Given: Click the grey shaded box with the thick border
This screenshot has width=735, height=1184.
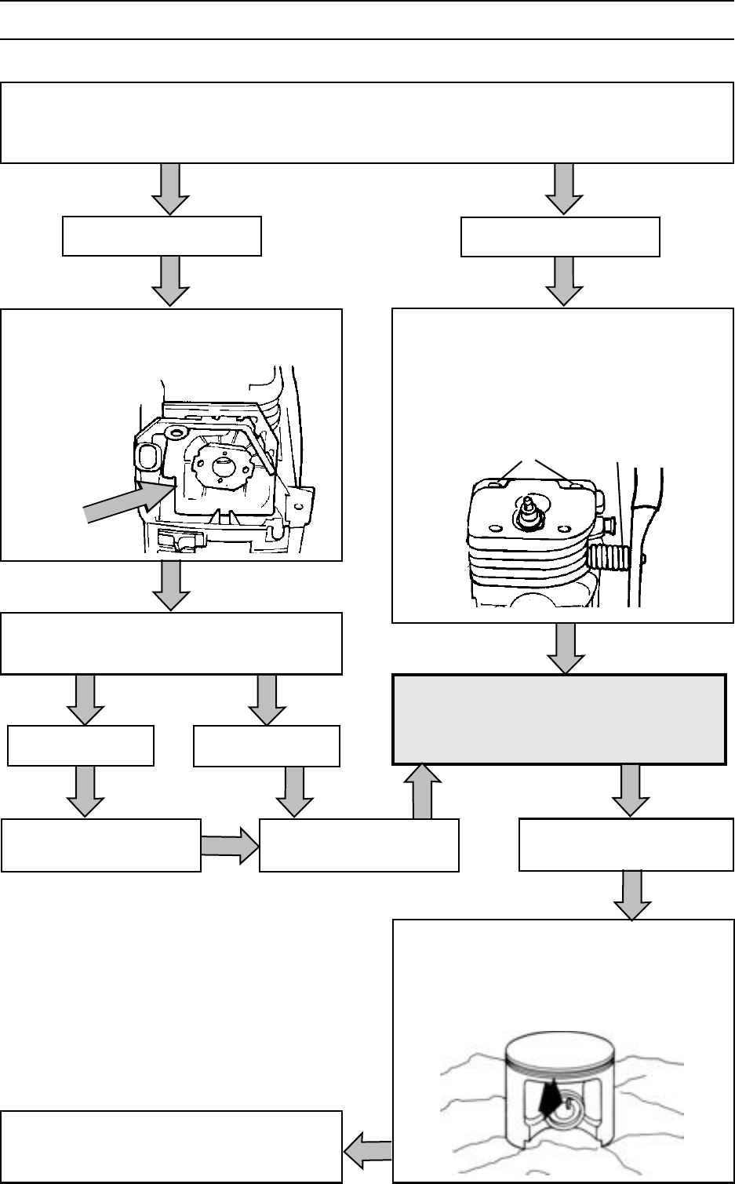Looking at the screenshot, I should [559, 719].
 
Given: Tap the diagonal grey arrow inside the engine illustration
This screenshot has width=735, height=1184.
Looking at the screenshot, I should [126, 501].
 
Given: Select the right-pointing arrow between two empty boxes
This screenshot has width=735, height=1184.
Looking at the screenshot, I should [230, 845].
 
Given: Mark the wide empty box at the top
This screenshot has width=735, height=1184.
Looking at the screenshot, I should [367, 122].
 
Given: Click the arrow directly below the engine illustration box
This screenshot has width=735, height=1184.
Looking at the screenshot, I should [170, 585].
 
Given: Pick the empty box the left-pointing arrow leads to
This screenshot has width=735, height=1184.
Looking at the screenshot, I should [171, 1146].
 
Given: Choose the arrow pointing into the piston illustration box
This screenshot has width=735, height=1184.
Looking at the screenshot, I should [632, 895].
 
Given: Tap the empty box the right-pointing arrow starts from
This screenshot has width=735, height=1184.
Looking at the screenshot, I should [100, 845].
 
